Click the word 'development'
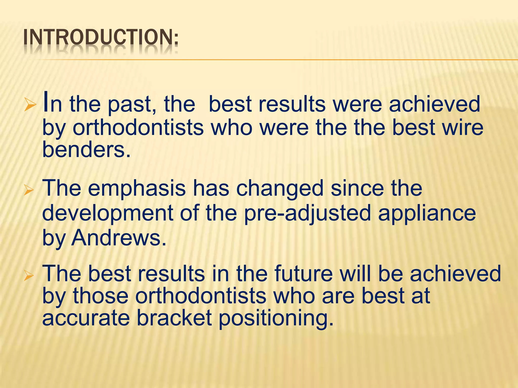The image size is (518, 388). pos(107,213)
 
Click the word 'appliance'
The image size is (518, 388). pos(427,213)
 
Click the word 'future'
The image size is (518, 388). pos(304,274)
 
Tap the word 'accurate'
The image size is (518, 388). pos(86,319)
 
